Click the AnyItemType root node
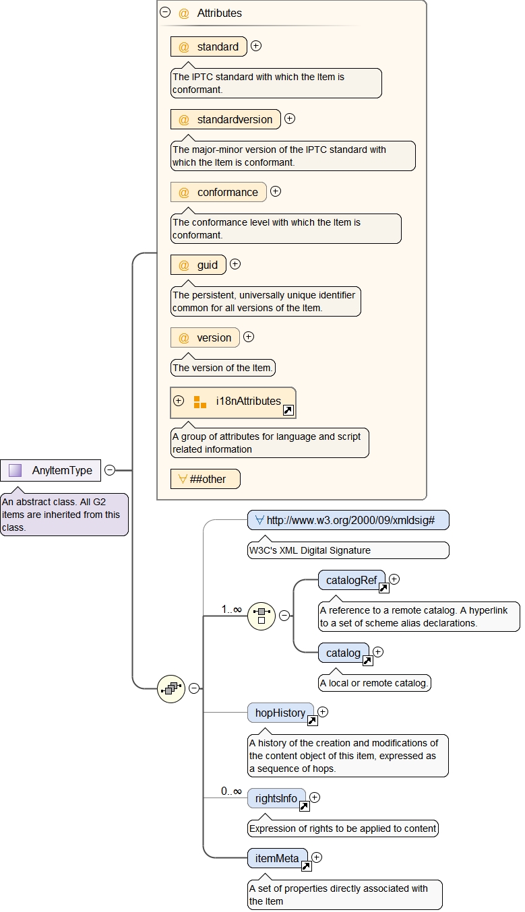(51, 470)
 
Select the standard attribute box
(209, 46)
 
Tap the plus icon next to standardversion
(290, 119)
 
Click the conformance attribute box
(218, 192)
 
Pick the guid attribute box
(198, 265)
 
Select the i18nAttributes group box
(233, 401)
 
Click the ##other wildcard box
(205, 479)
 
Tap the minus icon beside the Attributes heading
(165, 12)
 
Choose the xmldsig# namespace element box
(348, 520)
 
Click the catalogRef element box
(351, 580)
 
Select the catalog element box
(343, 653)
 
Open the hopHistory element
(280, 713)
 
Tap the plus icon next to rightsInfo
(315, 797)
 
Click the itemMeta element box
(277, 858)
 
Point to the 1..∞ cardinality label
(231, 609)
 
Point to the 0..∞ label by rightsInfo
(231, 791)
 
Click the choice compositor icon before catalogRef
(261, 616)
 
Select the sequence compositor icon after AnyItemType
(171, 688)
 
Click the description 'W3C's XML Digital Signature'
(309, 550)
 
